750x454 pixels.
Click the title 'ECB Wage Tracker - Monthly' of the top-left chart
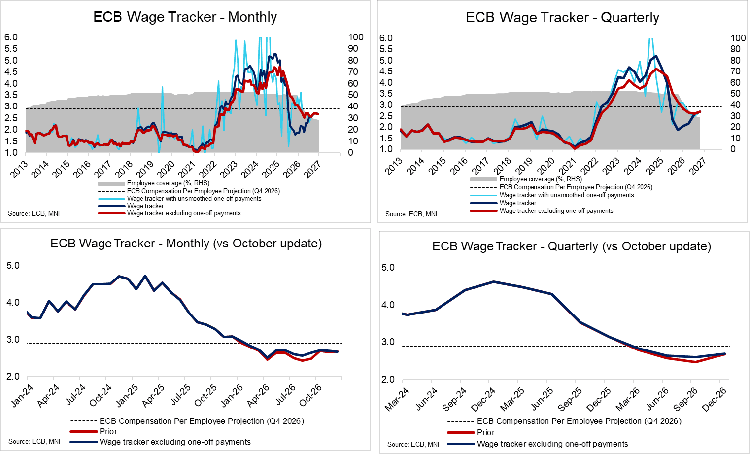tap(185, 17)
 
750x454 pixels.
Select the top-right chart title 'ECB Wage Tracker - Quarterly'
tap(562, 18)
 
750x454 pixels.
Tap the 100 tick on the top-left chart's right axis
tap(355, 37)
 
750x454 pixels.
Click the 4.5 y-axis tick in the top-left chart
tap(11, 72)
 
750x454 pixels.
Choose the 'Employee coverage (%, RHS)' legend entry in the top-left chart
tap(168, 183)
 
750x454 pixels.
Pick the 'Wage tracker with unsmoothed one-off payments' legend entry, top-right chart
tap(566, 195)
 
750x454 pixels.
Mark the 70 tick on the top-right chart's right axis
tap(735, 71)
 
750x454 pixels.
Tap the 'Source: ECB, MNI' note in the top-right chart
tap(411, 214)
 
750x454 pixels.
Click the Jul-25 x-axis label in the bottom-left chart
tap(180, 395)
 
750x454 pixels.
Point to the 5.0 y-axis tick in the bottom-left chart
tap(13, 266)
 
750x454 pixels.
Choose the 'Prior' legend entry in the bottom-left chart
tap(108, 431)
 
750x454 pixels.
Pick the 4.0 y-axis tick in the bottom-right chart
tap(388, 305)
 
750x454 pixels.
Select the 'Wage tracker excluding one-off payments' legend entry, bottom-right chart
tap(552, 444)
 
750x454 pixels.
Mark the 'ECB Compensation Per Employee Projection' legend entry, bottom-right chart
tap(579, 421)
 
